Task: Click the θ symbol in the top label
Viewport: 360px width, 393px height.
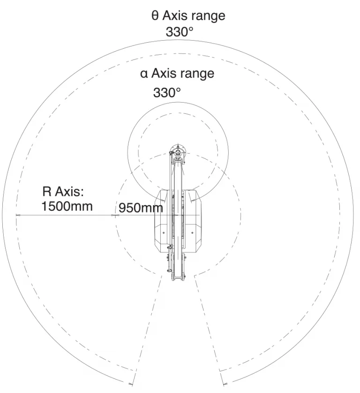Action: (155, 15)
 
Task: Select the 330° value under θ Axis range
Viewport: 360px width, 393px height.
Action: (180, 32)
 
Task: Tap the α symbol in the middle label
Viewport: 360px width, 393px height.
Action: (144, 74)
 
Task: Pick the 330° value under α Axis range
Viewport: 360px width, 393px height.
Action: (167, 92)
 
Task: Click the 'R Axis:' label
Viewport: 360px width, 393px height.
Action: (63, 192)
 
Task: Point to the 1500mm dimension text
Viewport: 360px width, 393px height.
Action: (67, 207)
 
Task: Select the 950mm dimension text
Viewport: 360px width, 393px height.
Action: (141, 208)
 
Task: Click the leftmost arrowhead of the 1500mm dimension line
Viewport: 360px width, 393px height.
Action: (17, 215)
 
